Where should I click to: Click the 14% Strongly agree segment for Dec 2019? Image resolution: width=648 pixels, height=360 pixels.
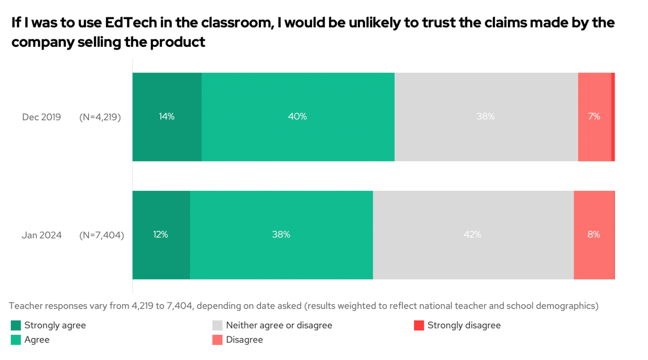167,117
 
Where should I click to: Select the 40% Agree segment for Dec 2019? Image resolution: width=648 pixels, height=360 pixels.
298,117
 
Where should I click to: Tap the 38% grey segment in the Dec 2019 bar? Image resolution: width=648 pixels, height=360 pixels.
486,117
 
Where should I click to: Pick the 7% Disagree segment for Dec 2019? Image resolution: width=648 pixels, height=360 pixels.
594,117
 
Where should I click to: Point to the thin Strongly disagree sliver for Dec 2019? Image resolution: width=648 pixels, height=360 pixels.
613,117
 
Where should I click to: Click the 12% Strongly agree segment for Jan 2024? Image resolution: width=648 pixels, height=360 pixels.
161,234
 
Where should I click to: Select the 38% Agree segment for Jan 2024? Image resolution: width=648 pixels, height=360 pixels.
281,234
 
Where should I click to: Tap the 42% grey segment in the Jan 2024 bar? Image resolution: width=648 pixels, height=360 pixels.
473,234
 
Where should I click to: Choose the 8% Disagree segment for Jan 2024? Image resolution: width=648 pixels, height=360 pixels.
594,234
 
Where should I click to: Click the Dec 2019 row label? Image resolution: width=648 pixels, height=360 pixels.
41,117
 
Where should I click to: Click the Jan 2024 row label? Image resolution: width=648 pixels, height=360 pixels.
41,235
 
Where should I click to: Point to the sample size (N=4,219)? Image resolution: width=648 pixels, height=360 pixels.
100,117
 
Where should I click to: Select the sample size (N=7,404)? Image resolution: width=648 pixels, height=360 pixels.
101,235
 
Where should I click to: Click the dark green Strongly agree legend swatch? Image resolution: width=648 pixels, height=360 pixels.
16,325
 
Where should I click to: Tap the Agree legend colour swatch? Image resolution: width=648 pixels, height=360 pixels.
16,340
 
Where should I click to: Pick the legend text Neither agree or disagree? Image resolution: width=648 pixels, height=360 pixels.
279,325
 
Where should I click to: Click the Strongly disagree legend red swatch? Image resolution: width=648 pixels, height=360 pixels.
419,325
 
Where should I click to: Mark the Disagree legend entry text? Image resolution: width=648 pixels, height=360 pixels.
244,340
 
